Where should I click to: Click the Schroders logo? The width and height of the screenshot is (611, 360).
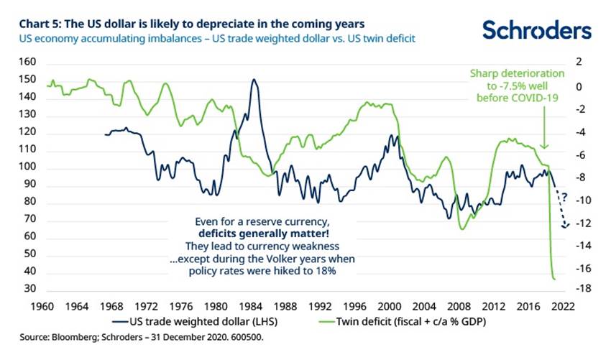(x=537, y=29)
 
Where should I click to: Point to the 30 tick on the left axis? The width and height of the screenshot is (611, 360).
(x=29, y=289)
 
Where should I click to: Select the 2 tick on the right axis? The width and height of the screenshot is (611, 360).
(x=577, y=63)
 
